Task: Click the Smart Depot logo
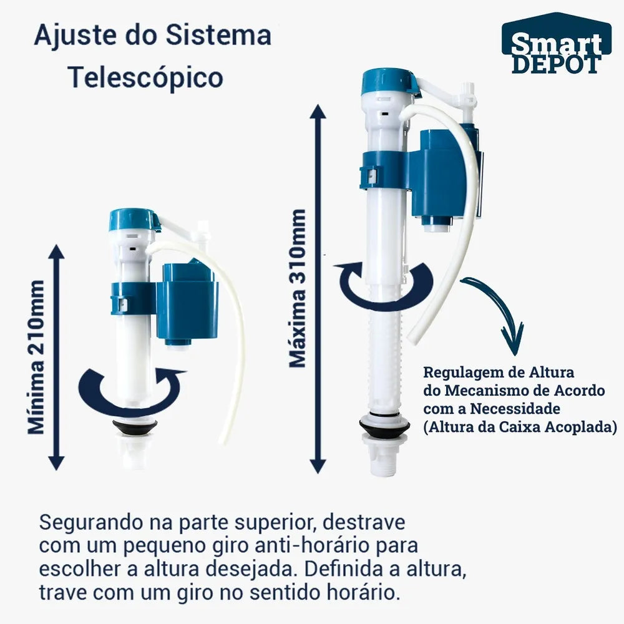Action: coord(557,44)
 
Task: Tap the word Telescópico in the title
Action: coord(145,77)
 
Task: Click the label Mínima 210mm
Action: coord(36,357)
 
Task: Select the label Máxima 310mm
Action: coord(298,288)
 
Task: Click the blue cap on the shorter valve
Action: coord(134,220)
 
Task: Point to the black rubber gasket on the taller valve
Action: coord(384,425)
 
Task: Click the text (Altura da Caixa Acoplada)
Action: coord(520,427)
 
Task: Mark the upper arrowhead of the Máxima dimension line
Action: coord(318,112)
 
